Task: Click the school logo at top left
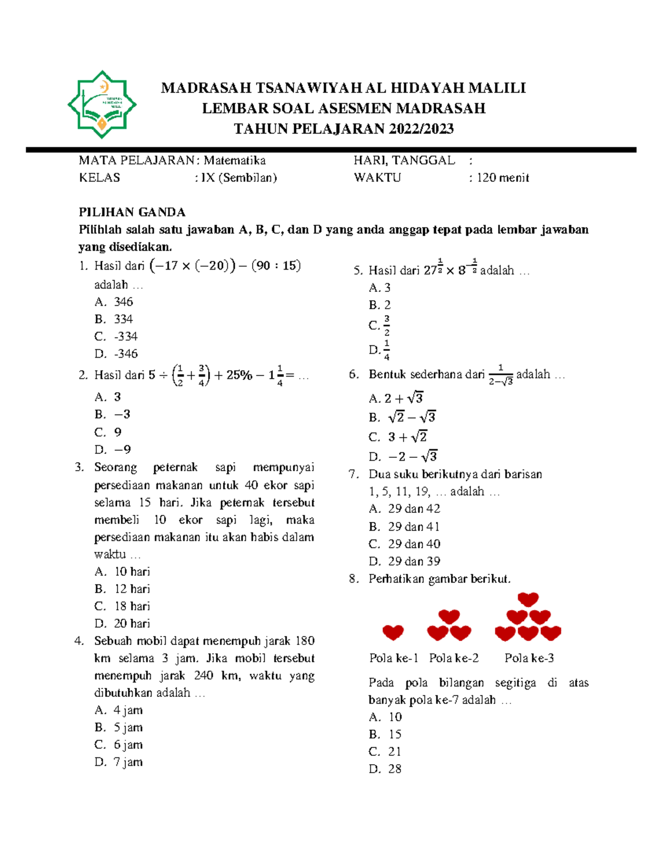click(x=102, y=104)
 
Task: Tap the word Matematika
click(x=234, y=160)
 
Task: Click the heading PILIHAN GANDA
click(x=132, y=212)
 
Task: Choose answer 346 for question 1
click(x=123, y=302)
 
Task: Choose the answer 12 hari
click(x=132, y=589)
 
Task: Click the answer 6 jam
click(x=128, y=745)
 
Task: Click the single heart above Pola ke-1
click(x=393, y=632)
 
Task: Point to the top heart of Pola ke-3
click(x=528, y=599)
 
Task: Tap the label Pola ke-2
click(x=454, y=658)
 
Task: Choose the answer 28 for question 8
click(x=395, y=769)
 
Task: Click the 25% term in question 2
click(x=239, y=375)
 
